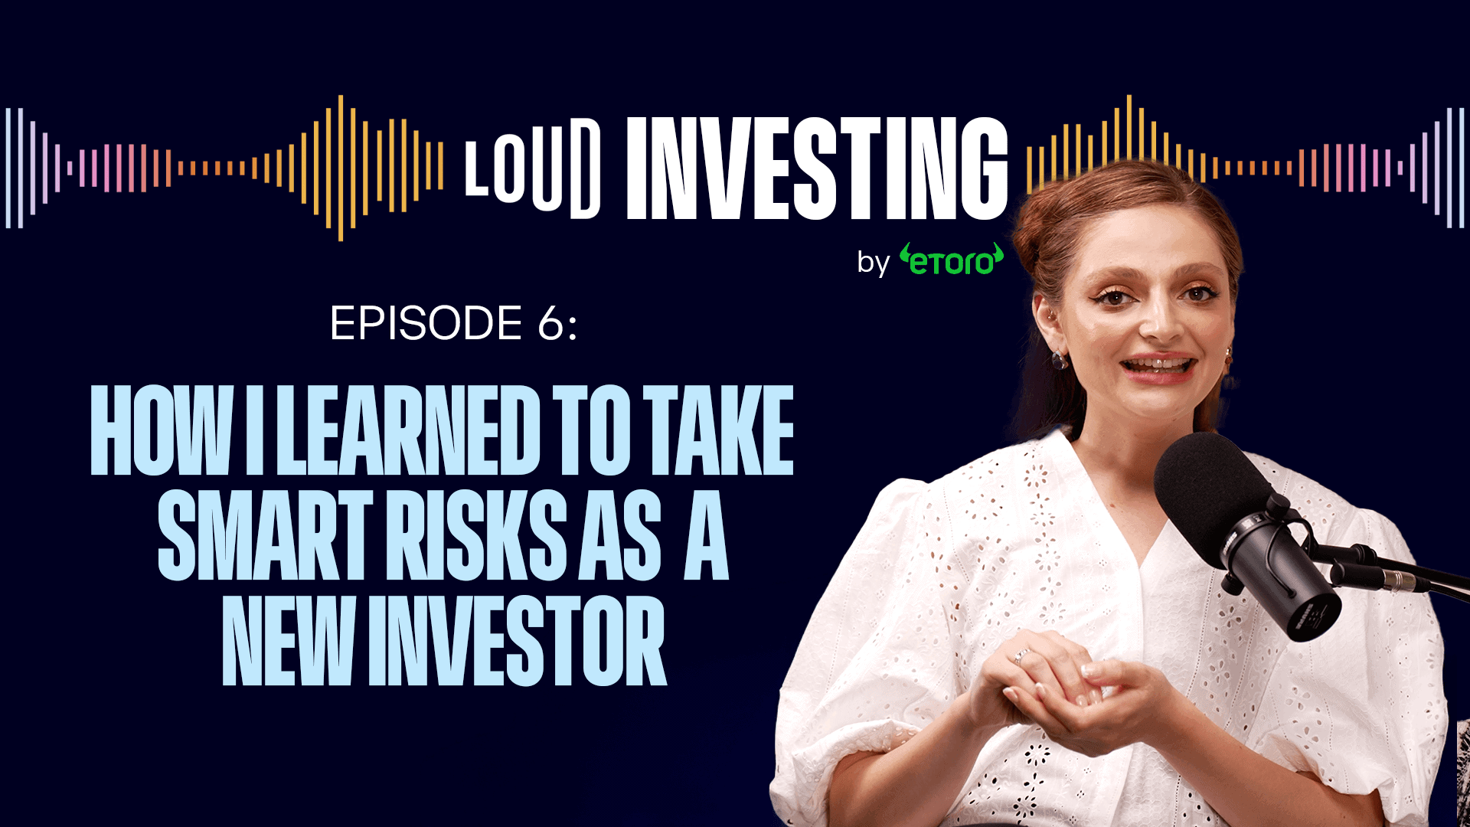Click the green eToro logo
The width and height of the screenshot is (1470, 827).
click(x=952, y=260)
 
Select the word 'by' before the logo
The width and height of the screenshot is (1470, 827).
click(x=873, y=263)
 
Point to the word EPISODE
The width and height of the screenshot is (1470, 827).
click(x=426, y=323)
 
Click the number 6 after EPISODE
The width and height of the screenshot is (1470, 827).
click(x=551, y=323)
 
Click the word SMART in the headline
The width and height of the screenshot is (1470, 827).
click(x=265, y=536)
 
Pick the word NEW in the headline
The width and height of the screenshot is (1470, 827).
click(x=288, y=642)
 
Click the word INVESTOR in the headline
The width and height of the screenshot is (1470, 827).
click(x=518, y=642)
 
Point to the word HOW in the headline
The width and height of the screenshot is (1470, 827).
click(x=162, y=430)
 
